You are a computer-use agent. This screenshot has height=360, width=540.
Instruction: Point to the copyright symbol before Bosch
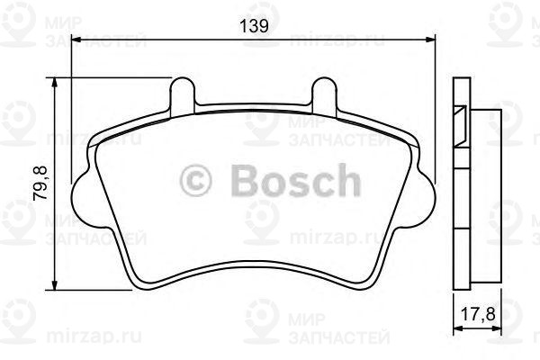pos(197,180)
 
